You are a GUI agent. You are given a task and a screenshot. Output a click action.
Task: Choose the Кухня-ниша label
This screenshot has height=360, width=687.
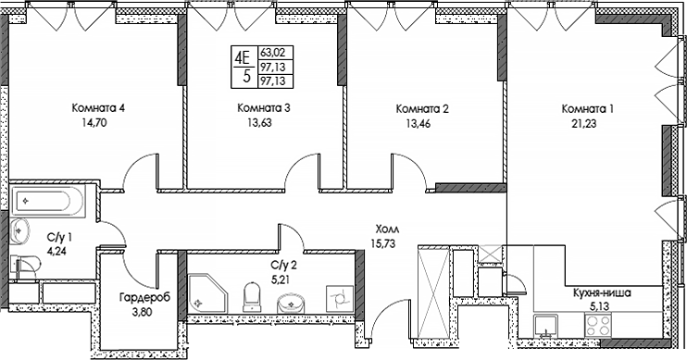click(x=602, y=292)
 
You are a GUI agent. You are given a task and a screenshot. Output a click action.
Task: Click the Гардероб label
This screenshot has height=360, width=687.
click(x=142, y=299)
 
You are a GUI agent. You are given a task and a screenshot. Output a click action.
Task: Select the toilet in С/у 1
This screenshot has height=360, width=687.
click(x=24, y=266)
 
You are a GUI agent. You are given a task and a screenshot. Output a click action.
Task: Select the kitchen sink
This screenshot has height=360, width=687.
click(x=547, y=325)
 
